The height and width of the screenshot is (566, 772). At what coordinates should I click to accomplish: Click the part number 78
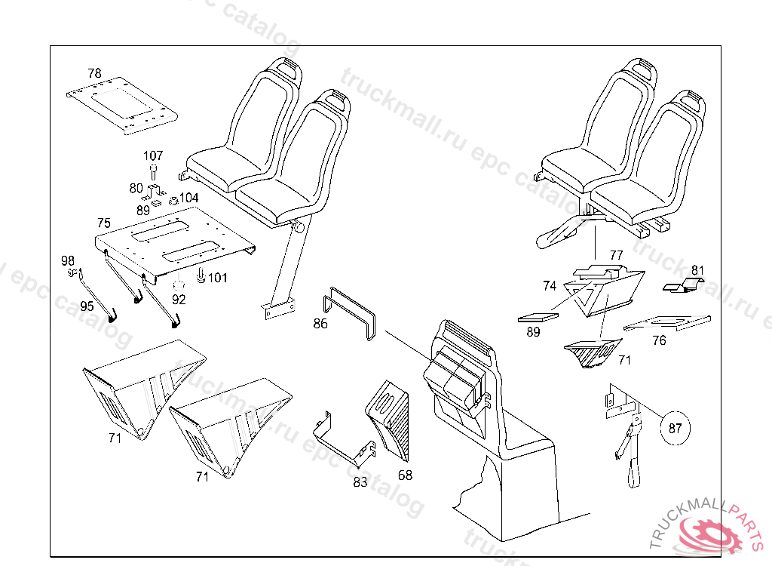pyautogui.click(x=94, y=73)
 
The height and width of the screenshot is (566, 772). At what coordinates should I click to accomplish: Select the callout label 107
pyautogui.click(x=153, y=155)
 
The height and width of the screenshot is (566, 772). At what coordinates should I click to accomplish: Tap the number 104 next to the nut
pyautogui.click(x=189, y=198)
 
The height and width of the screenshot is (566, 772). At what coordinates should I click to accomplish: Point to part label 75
pyautogui.click(x=104, y=223)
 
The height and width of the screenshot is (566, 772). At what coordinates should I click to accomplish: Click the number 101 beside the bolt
pyautogui.click(x=217, y=278)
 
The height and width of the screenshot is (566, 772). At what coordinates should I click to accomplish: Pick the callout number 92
pyautogui.click(x=178, y=298)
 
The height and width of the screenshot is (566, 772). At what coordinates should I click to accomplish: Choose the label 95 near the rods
pyautogui.click(x=87, y=306)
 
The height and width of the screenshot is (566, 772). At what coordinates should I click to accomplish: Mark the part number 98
pyautogui.click(x=68, y=260)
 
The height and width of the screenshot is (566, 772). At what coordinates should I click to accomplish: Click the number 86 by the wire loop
pyautogui.click(x=321, y=324)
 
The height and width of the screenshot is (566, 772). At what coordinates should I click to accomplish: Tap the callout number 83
pyautogui.click(x=360, y=481)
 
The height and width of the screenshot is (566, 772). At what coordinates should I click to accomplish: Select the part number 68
pyautogui.click(x=406, y=475)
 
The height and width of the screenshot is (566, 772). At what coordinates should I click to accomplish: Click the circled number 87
pyautogui.click(x=675, y=428)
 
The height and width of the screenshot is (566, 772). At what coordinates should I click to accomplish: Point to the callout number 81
pyautogui.click(x=698, y=269)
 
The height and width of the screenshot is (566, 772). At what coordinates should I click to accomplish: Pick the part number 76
pyautogui.click(x=659, y=340)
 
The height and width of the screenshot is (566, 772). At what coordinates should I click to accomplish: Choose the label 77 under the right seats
pyautogui.click(x=616, y=255)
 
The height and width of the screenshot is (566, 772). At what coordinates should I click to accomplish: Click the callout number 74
pyautogui.click(x=550, y=286)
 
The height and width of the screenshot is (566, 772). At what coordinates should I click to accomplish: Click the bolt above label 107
pyautogui.click(x=153, y=171)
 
